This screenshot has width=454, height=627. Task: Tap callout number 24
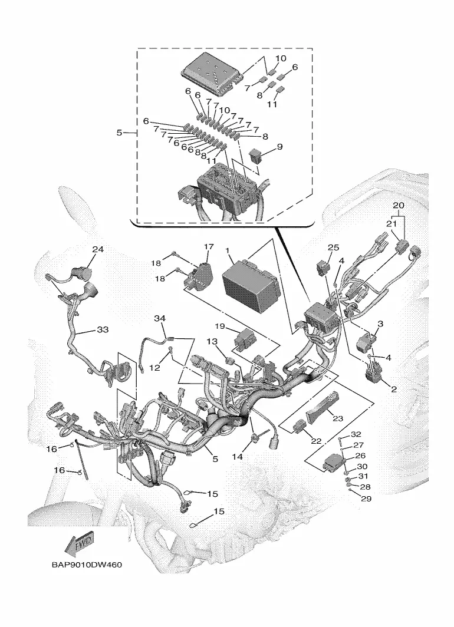(x=97, y=249)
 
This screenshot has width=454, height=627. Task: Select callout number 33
(x=103, y=331)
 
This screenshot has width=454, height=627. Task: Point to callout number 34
(x=160, y=319)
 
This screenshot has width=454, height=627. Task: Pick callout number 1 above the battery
(x=228, y=250)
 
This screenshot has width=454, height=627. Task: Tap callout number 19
(x=220, y=326)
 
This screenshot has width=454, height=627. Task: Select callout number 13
(x=211, y=342)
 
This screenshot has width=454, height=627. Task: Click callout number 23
(x=337, y=418)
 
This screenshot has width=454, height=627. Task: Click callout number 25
(x=334, y=247)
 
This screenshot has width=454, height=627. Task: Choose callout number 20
(x=399, y=205)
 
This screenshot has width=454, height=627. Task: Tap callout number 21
(x=390, y=224)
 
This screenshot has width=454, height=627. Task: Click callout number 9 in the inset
(x=279, y=146)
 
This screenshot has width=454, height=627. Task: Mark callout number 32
(x=356, y=435)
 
